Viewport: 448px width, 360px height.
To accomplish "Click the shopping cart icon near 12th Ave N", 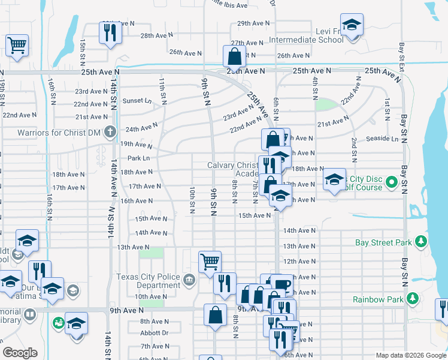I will coord(210,261).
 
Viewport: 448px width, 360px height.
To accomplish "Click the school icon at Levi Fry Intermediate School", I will coord(352,25).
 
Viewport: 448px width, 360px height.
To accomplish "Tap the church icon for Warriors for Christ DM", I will coord(110,131).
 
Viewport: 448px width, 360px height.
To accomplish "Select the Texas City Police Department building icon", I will coord(189,279).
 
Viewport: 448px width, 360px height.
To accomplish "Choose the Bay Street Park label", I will coord(383,242).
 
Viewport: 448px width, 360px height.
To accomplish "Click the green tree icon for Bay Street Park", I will coord(422,242).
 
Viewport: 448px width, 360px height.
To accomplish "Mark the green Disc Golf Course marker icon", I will coord(392,181).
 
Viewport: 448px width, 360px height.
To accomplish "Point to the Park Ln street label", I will coord(138,158).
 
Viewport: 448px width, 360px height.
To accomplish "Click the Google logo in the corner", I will coord(20,353).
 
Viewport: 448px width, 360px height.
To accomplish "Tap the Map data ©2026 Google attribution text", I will coord(410,355).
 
